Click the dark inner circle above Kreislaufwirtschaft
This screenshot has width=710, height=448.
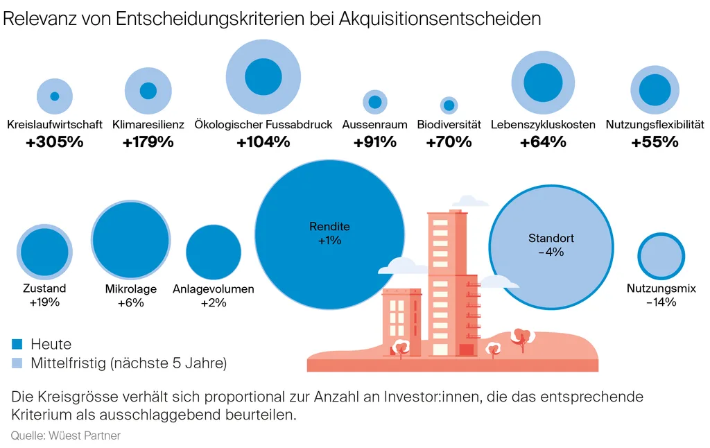55,96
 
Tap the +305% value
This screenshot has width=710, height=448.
55,142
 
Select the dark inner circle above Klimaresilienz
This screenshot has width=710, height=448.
148,91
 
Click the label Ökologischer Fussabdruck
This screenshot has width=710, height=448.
263,125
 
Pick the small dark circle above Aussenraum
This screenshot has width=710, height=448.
375,102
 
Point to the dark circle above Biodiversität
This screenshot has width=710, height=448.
449,105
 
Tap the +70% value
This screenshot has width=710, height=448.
449,142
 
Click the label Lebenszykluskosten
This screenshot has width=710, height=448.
543,125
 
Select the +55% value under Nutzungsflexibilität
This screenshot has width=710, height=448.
655,142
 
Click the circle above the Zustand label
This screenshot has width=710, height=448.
44,252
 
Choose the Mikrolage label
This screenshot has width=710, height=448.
131,289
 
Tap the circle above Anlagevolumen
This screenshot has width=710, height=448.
214,252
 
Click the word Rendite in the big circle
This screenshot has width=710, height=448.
329,227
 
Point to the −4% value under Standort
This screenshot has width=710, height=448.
551,252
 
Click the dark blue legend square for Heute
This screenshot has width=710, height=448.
17,344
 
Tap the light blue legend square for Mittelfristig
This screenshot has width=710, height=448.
17,363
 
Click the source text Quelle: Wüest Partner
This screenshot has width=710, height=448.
65,436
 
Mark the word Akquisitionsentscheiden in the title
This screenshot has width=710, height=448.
440,19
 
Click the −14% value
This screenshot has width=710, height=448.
661,302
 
